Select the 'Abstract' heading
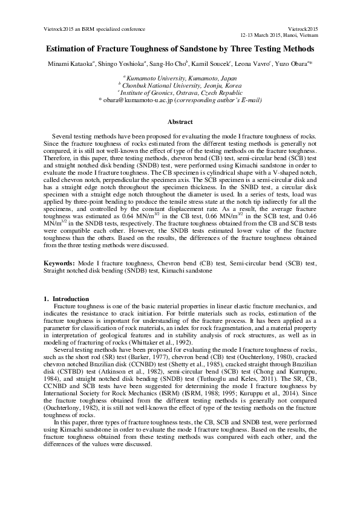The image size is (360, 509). pyautogui.click(x=180, y=122)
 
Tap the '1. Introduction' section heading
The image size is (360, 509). pyautogui.click(x=67, y=299)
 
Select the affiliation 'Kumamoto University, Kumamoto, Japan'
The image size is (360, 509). pyautogui.click(x=180, y=79)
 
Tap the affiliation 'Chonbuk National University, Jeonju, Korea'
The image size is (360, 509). pyautogui.click(x=180, y=86)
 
